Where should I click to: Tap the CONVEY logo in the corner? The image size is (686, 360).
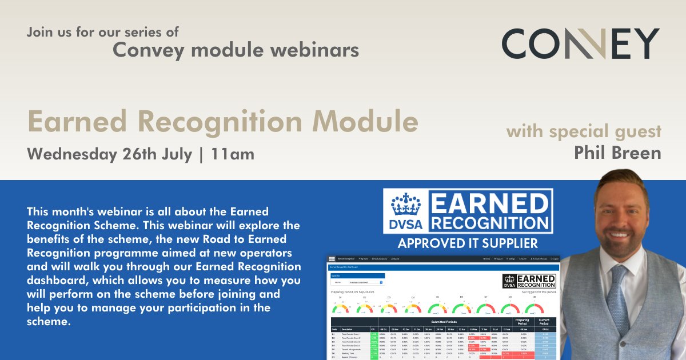tap(580, 44)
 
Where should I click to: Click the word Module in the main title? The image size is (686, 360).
tap(365, 122)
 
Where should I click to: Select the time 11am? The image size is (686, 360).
tap(233, 154)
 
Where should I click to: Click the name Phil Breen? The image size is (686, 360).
tap(617, 153)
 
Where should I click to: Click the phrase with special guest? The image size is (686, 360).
tap(584, 132)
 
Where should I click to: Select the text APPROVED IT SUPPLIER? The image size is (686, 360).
tap(468, 243)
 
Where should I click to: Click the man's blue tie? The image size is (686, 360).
tap(619, 298)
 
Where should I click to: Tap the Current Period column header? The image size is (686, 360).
tap(545, 322)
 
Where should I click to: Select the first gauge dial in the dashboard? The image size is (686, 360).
tap(341, 309)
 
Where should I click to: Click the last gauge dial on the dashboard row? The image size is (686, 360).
tap(534, 309)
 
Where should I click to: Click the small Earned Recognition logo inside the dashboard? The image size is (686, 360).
tap(528, 281)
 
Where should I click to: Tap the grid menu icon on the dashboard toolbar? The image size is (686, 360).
tap(332, 259)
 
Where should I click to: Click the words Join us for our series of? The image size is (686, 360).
tap(102, 31)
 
